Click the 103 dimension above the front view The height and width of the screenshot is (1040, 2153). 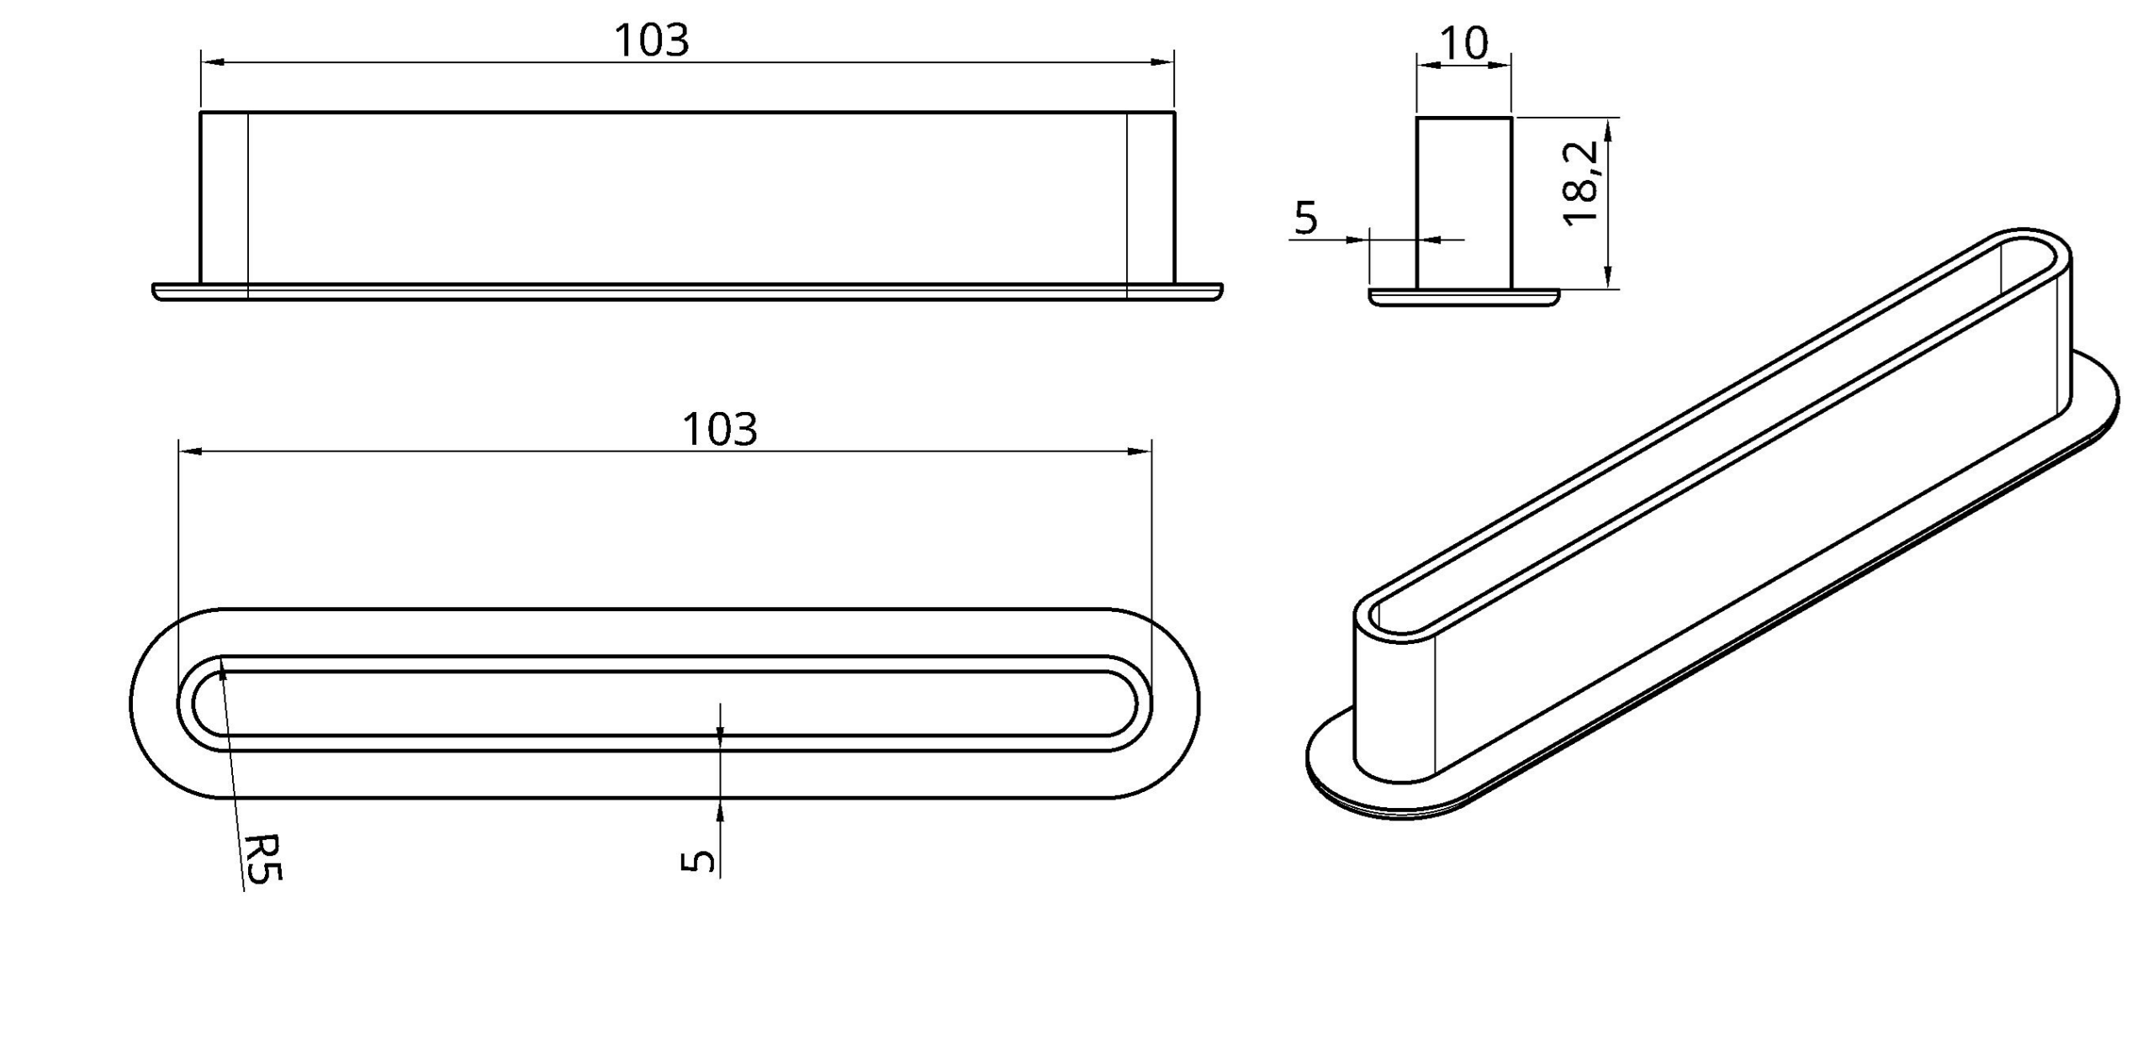[x=652, y=40]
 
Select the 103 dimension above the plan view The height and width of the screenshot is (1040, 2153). [x=720, y=430]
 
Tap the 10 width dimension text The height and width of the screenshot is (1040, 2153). [x=1464, y=43]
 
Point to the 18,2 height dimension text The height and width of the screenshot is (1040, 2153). [x=1580, y=183]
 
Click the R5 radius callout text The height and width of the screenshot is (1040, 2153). [x=263, y=858]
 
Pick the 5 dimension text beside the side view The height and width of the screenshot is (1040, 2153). [x=1305, y=219]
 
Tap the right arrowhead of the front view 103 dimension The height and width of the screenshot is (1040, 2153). [x=1162, y=62]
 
